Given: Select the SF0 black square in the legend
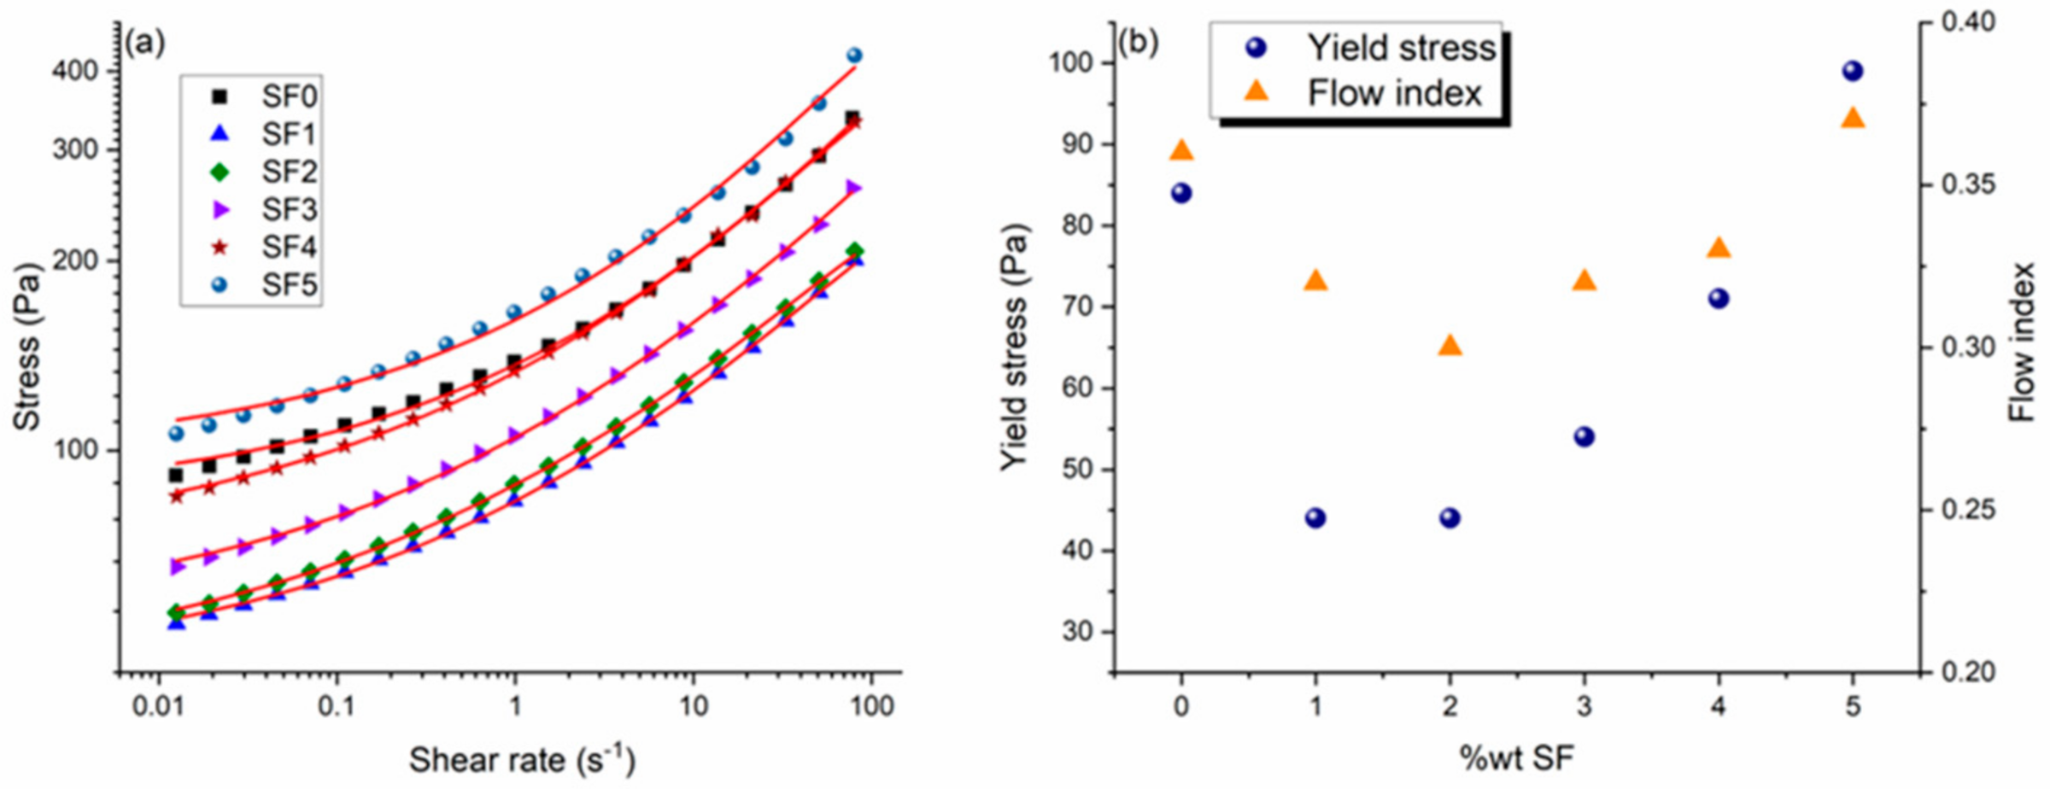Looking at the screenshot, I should pyautogui.click(x=220, y=96).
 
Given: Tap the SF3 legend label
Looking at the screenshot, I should pyautogui.click(x=289, y=209).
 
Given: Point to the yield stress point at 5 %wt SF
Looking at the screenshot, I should pyautogui.click(x=1852, y=71).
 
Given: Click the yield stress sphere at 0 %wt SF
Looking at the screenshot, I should pyautogui.click(x=1181, y=193).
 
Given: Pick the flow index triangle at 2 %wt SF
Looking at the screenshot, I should pyautogui.click(x=1450, y=346).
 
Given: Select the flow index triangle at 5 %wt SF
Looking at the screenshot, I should pyautogui.click(x=1852, y=118).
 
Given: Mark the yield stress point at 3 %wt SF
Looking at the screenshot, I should pyautogui.click(x=1584, y=436).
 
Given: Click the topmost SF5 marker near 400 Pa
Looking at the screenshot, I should pyautogui.click(x=854, y=56).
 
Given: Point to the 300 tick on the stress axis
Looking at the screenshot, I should pyautogui.click(x=76, y=149).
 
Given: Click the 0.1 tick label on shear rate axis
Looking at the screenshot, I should pyautogui.click(x=336, y=706).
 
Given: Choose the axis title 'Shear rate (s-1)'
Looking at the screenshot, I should pyautogui.click(x=522, y=759).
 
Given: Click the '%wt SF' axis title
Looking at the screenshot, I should pyautogui.click(x=1516, y=757).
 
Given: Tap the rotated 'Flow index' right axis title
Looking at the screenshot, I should pyautogui.click(x=2021, y=342).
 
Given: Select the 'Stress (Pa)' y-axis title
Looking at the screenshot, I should pyautogui.click(x=27, y=346).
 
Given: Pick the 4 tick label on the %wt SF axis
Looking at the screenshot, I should pyautogui.click(x=1718, y=706).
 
